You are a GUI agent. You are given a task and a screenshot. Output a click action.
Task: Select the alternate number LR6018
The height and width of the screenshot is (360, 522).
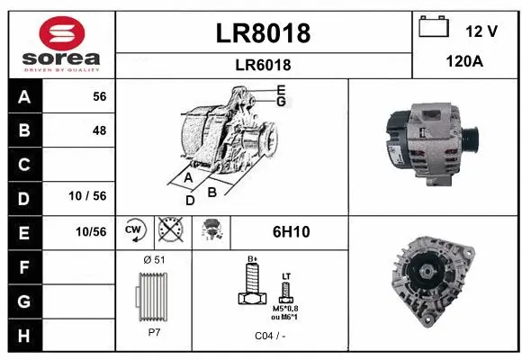coord(263,64)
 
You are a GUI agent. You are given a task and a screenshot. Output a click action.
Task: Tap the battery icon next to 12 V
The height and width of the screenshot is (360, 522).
coord(435,28)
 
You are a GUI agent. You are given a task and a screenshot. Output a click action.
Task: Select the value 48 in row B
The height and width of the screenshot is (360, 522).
coord(99,130)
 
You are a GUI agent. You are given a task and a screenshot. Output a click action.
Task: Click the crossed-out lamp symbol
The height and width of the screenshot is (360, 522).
coord(168,231)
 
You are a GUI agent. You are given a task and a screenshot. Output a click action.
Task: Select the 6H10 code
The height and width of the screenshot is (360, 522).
coord(291,231)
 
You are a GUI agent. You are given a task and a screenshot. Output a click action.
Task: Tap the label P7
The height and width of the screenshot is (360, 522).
coord(153,331)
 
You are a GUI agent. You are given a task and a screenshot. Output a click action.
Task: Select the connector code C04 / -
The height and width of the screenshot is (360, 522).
coord(270,335)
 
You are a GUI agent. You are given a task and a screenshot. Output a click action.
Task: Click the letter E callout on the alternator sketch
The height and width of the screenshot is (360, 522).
coord(281,89)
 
